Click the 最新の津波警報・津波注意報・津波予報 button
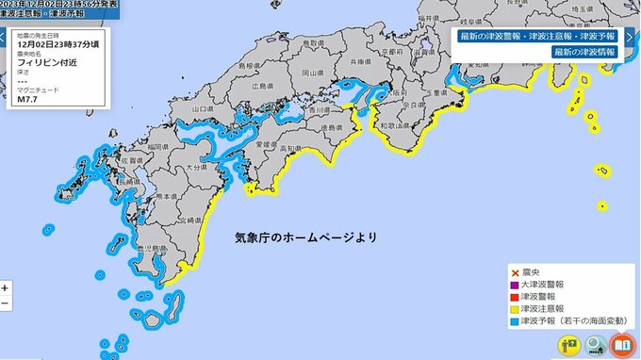[x=537, y=36]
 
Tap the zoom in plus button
[x=7, y=287]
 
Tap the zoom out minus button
[x=7, y=303]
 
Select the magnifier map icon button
[x=595, y=345]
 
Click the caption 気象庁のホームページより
[x=305, y=238]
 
